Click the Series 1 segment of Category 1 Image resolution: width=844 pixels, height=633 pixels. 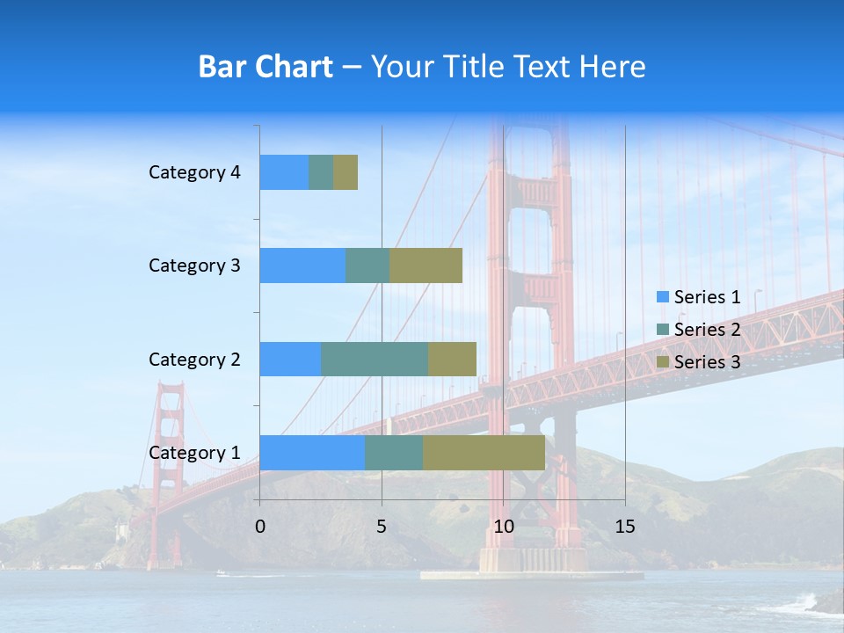point(312,452)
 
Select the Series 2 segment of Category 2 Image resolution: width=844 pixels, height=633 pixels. point(375,359)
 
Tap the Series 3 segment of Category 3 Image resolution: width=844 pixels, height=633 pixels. point(426,266)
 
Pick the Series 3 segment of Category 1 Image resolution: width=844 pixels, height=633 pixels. point(484,452)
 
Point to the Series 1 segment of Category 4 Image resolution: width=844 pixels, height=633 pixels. point(284,172)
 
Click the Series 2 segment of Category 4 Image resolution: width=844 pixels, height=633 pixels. point(321,172)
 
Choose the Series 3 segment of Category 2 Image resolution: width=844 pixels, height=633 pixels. point(452,359)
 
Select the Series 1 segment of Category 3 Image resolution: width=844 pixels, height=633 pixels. point(302,266)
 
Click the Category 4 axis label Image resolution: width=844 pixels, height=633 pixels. point(194,172)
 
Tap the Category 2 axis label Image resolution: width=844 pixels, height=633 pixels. point(194,359)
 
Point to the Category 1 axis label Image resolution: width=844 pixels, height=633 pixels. point(194,453)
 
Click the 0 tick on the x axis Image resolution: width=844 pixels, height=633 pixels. point(260,527)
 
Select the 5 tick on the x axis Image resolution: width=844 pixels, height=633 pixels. point(382,527)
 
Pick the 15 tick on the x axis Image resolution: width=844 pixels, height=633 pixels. point(624,527)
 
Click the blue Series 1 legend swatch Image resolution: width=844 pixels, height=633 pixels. point(662,297)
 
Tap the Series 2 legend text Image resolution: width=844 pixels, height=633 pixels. point(707,330)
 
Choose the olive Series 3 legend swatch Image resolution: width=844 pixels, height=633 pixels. point(662,362)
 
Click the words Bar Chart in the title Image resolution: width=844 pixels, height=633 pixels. point(266,67)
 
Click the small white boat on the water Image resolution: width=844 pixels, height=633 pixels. point(222,574)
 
